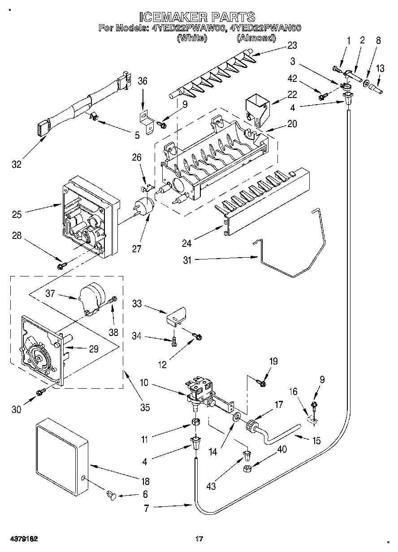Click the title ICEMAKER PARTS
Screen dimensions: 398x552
point(197,17)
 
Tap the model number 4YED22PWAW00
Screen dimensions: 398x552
point(189,28)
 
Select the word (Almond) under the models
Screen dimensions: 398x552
point(256,38)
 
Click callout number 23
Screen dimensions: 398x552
point(292,45)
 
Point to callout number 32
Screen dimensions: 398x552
point(17,164)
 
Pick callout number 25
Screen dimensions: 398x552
point(17,214)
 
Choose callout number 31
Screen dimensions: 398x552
point(187,260)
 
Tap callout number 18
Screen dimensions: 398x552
point(145,481)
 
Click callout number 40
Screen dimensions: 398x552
point(282,449)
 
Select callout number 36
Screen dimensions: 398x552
point(143,81)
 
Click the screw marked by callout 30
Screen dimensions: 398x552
point(41,392)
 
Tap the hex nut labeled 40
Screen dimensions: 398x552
point(247,468)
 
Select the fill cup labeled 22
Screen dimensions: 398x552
point(258,110)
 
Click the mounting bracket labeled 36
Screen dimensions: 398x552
point(147,122)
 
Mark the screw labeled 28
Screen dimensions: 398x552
point(62,266)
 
